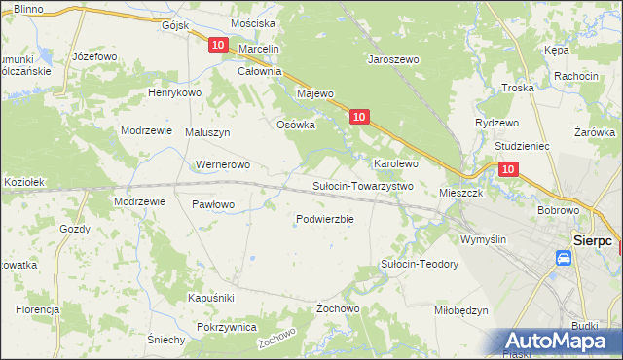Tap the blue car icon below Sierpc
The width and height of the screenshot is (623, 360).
point(564,258)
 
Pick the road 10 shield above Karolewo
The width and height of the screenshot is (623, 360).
point(359,117)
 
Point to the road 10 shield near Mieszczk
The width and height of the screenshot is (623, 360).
point(508,169)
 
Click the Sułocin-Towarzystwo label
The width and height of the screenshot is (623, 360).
point(362,185)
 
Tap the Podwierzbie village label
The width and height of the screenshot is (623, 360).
point(324,219)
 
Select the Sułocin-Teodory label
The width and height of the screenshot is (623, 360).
point(419,264)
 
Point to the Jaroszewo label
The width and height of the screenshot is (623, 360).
point(392,59)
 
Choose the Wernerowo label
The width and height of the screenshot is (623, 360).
point(224,164)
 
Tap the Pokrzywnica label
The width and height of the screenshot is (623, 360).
point(226,327)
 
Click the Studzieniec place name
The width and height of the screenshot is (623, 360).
point(523,145)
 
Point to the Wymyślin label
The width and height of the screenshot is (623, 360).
point(484,238)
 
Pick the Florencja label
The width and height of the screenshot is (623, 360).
point(37,308)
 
